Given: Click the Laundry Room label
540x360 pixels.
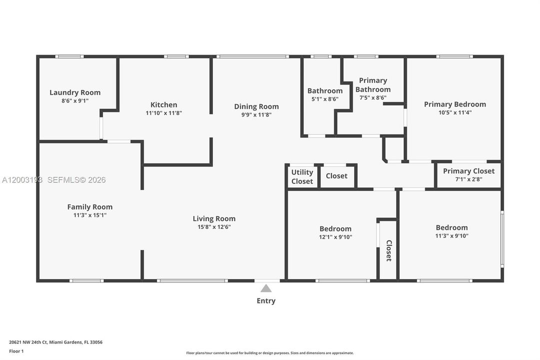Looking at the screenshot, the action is coord(75,92).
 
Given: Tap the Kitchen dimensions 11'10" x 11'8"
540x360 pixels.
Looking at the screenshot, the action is coord(164,113).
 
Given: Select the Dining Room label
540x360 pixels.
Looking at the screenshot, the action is coord(257,106).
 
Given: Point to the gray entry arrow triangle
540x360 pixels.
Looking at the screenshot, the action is coord(266,288).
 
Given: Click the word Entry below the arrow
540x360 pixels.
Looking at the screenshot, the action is coord(266,300).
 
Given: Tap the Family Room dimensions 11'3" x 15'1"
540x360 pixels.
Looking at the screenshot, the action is coord(90,215).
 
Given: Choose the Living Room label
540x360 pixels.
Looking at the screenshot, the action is coord(214,218).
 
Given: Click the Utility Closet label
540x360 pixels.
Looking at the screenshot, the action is coord(302,176).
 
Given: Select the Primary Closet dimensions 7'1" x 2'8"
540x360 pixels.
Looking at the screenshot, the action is coord(469,179).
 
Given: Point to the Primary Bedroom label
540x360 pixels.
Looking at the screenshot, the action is coord(455,104).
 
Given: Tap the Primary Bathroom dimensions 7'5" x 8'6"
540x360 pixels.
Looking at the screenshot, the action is coord(373,97).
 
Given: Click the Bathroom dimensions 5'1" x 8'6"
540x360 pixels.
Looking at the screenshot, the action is coord(325,99).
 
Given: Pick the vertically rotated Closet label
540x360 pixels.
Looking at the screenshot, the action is coord(389,250).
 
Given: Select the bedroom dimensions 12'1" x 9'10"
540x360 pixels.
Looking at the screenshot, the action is coord(335,237).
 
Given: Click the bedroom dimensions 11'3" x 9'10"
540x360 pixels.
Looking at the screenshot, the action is coord(452,236).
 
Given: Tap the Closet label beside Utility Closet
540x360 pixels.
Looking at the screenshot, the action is coord(337,176).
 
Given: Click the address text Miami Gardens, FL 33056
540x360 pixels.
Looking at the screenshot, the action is coord(76,342).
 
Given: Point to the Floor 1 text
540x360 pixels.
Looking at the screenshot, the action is coord(16,351).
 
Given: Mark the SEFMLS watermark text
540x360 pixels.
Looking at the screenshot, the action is coord(76,179).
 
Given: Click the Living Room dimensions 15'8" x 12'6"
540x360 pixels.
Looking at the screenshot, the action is coord(214,227).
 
